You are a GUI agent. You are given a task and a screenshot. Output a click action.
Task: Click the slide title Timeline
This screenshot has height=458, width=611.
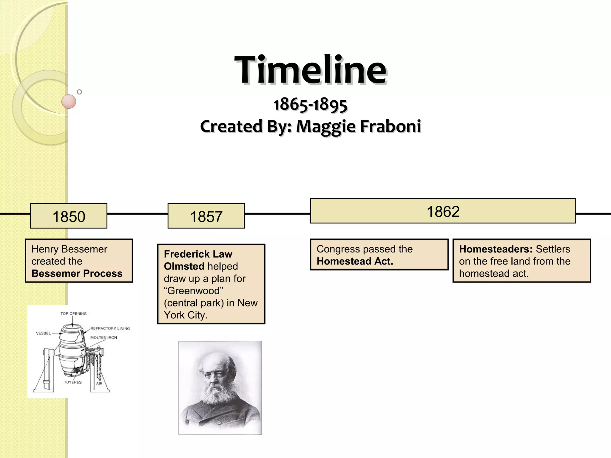pyautogui.click(x=310, y=70)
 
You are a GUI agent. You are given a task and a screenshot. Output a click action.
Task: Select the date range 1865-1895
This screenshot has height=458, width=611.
pyautogui.click(x=310, y=105)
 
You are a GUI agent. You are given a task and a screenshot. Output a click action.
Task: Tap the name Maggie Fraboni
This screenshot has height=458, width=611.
pyautogui.click(x=358, y=126)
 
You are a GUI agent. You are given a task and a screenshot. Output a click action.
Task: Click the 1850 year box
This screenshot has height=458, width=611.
pyautogui.click(x=69, y=216)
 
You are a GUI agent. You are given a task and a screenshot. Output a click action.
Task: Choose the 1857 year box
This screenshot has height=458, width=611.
pyautogui.click(x=206, y=216)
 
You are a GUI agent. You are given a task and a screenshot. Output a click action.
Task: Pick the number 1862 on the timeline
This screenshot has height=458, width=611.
pyautogui.click(x=443, y=212)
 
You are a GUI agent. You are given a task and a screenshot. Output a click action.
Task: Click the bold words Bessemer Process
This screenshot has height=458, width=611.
pyautogui.click(x=77, y=273)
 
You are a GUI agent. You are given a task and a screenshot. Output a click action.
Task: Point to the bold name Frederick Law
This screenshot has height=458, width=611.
pyautogui.click(x=198, y=254)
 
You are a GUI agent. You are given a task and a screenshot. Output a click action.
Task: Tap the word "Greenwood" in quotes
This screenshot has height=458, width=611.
pyautogui.click(x=194, y=291)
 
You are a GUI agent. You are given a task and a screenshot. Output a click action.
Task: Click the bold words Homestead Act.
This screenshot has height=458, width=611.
pyautogui.click(x=355, y=262)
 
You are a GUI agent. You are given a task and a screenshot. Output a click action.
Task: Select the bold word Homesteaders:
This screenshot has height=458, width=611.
pyautogui.click(x=496, y=249)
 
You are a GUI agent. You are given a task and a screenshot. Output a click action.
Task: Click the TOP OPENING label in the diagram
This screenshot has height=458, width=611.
pyautogui.click(x=73, y=314)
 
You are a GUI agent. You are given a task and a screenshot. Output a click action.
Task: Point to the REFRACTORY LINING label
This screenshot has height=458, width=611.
pyautogui.click(x=110, y=329)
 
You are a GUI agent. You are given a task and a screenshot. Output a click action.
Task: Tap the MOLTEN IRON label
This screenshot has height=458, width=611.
pyautogui.click(x=104, y=338)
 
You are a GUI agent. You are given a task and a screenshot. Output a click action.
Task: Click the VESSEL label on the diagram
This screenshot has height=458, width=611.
pyautogui.click(x=44, y=333)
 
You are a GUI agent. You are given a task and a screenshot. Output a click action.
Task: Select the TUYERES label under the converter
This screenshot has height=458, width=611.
pyautogui.click(x=73, y=382)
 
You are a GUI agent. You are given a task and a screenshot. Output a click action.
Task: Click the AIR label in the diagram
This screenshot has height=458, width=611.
pyautogui.click(x=99, y=383)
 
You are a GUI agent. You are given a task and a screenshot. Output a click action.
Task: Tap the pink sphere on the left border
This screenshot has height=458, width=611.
pyautogui.click(x=69, y=102)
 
